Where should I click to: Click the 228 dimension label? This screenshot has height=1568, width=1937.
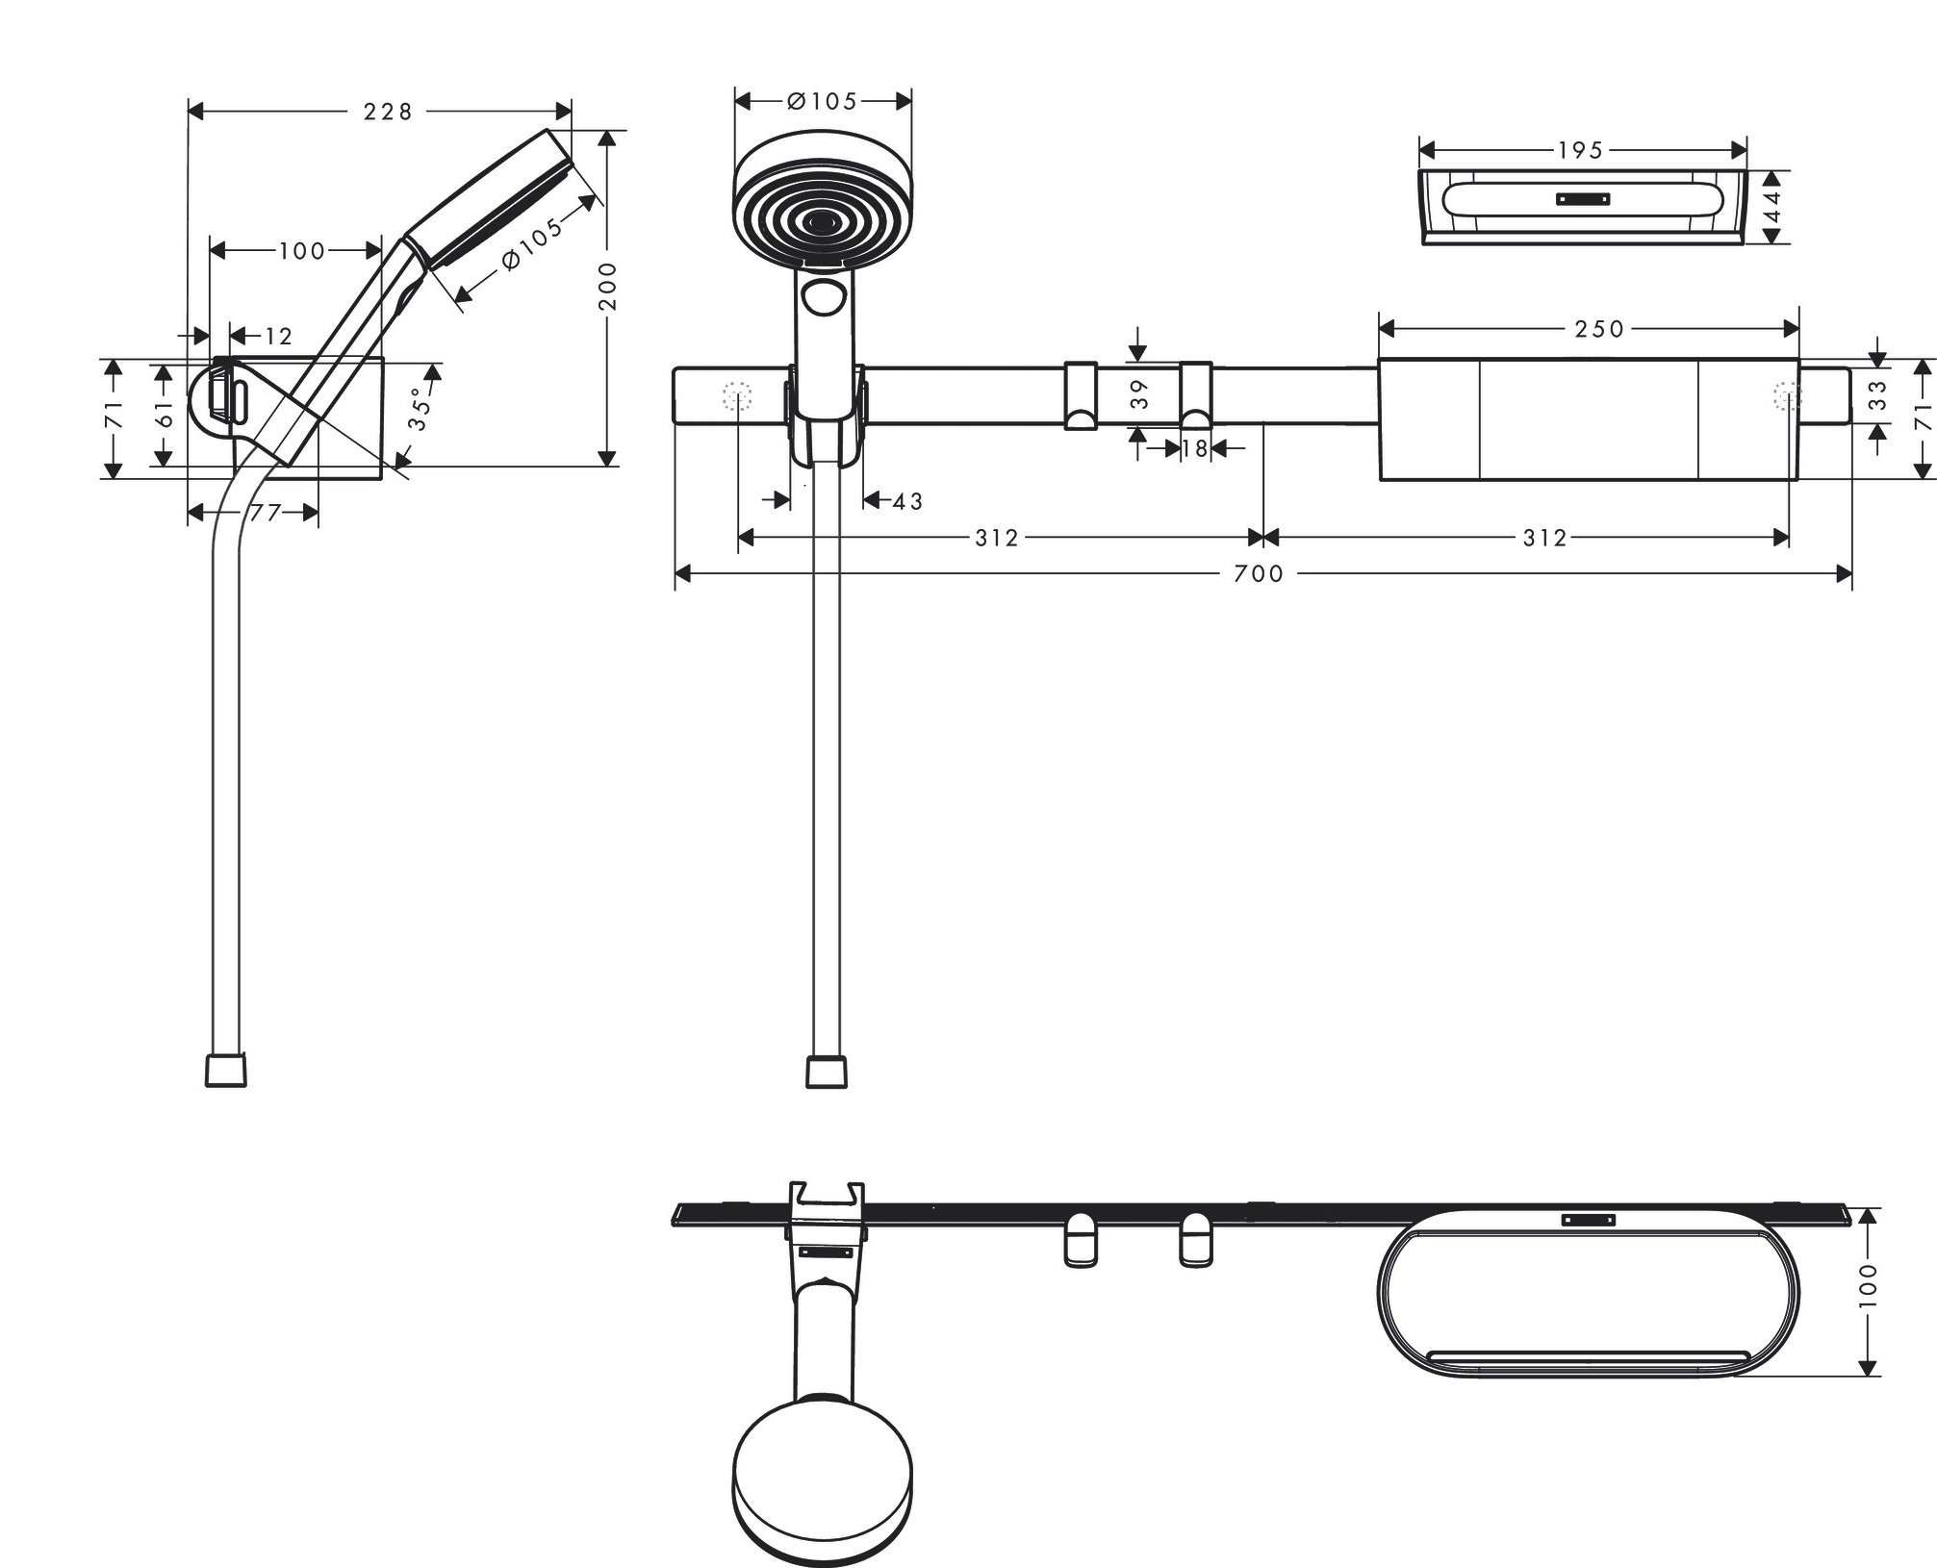pyautogui.click(x=388, y=113)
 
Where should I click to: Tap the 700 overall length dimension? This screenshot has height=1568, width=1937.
pyautogui.click(x=1259, y=574)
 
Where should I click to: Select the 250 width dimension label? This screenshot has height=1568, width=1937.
pyautogui.click(x=1599, y=329)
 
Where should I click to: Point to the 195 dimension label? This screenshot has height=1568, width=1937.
pyautogui.click(x=1580, y=150)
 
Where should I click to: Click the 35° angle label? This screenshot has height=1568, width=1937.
pyautogui.click(x=421, y=409)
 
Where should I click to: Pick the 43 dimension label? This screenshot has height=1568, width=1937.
pyautogui.click(x=907, y=501)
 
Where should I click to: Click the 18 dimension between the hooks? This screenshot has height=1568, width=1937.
pyautogui.click(x=1194, y=448)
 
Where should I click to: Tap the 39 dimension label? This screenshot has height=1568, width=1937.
pyautogui.click(x=1139, y=394)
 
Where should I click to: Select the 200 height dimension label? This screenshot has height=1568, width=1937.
pyautogui.click(x=607, y=287)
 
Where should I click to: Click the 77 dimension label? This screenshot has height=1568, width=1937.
pyautogui.click(x=265, y=514)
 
